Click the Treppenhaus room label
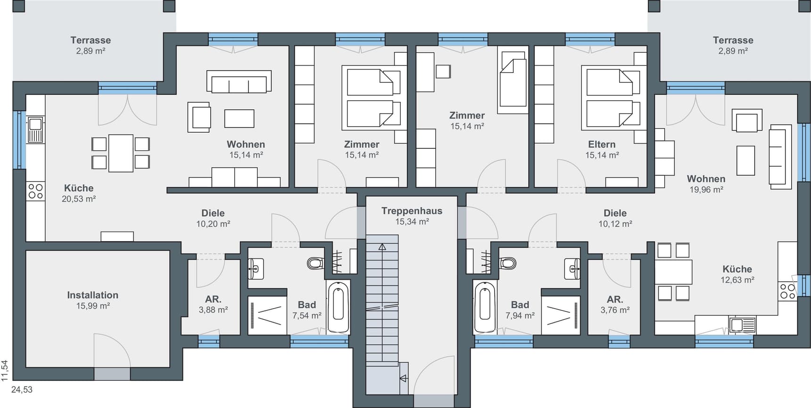coord(412,211)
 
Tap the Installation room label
coord(92,295)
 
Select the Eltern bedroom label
coord(602,144)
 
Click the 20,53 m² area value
coord(79,199)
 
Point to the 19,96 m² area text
coord(706,189)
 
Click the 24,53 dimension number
coord(22,390)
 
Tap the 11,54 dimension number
coord(5,370)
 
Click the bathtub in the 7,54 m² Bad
coord(338,307)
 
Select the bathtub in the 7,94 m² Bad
coord(485,307)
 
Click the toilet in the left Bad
coord(315,263)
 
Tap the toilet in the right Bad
coord(508,263)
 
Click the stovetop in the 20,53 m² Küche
coord(36,191)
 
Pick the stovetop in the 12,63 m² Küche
coord(787,291)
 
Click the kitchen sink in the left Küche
coord(36,130)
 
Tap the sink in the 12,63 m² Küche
coord(742,325)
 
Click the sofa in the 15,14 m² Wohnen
coord(239,81)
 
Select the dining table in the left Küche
coord(121,153)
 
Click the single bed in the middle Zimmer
coord(513,82)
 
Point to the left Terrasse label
coord(91,40)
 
